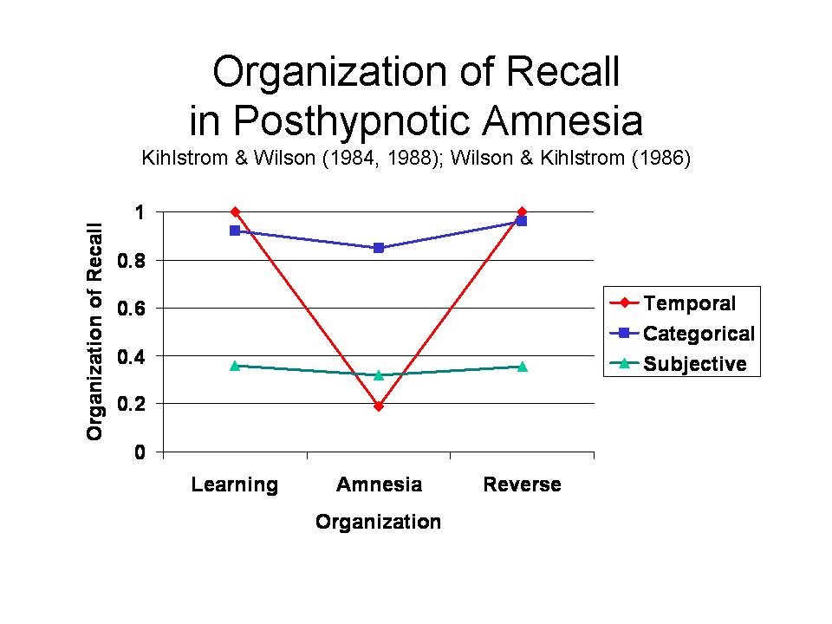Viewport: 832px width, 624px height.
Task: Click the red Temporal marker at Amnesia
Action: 379,406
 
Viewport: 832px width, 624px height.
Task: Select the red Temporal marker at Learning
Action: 235,211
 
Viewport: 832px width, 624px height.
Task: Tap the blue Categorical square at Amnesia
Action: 379,248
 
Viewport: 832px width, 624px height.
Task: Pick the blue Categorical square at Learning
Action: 235,231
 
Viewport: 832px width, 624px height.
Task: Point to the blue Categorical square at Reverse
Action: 522,221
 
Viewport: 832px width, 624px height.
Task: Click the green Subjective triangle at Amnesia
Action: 379,374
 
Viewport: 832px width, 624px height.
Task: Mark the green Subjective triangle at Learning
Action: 235,365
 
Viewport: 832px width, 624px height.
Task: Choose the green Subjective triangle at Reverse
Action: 522,366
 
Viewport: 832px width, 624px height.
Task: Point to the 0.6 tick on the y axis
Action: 140,308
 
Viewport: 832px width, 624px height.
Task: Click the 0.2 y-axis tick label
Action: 140,404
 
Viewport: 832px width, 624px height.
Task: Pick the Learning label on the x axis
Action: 235,484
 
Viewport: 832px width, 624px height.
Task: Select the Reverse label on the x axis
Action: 522,484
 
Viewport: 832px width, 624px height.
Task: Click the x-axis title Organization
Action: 378,522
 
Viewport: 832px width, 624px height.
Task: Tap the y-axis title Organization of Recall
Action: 95,331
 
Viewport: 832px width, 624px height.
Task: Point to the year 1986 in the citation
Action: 663,160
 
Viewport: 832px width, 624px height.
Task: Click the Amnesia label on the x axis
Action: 379,484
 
